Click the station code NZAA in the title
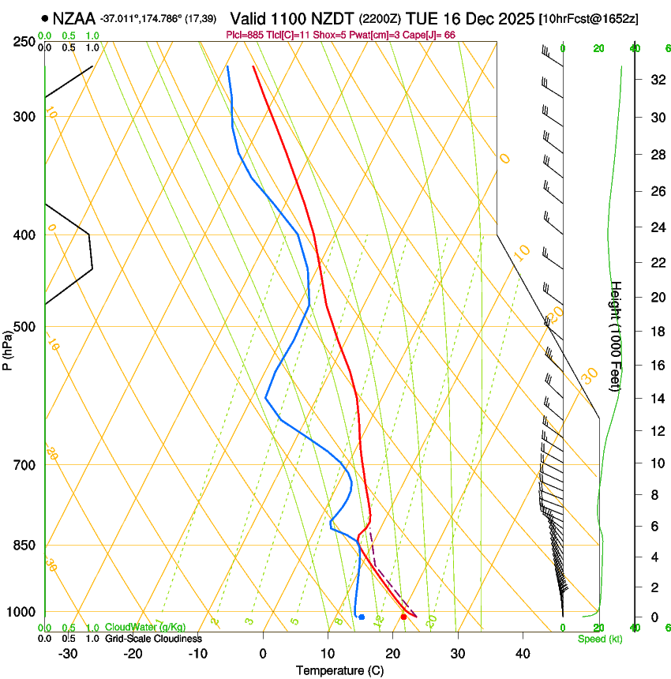pyautogui.click(x=74, y=17)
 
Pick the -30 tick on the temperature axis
pyautogui.click(x=68, y=654)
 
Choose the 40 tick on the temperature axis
pyautogui.click(x=523, y=654)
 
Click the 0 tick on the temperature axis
pyautogui.click(x=263, y=654)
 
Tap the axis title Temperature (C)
pyautogui.click(x=339, y=670)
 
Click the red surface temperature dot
pyautogui.click(x=403, y=617)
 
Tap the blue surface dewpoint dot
pyautogui.click(x=362, y=617)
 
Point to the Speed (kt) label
pyautogui.click(x=599, y=639)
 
